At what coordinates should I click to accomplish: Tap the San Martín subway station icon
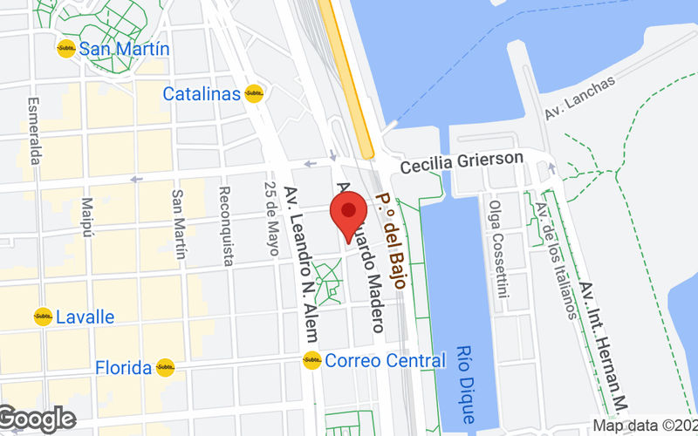(66, 49)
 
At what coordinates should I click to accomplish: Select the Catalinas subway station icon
(255, 93)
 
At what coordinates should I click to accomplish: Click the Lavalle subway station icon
(43, 317)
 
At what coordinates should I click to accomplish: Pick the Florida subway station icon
(165, 367)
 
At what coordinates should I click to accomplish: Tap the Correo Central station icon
(312, 359)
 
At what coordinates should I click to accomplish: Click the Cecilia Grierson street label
(462, 160)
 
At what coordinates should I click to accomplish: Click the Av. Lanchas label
(579, 98)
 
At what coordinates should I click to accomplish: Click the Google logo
(37, 419)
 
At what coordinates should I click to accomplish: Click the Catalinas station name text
(202, 93)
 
